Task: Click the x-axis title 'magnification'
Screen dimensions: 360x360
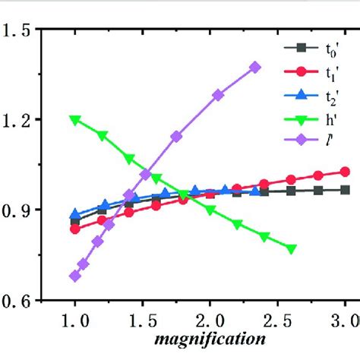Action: [x=210, y=336]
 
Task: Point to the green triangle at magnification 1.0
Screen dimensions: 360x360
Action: [x=74, y=120]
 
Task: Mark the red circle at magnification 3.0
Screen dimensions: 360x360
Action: [x=346, y=172]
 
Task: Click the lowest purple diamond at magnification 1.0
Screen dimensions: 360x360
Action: [x=74, y=276]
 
